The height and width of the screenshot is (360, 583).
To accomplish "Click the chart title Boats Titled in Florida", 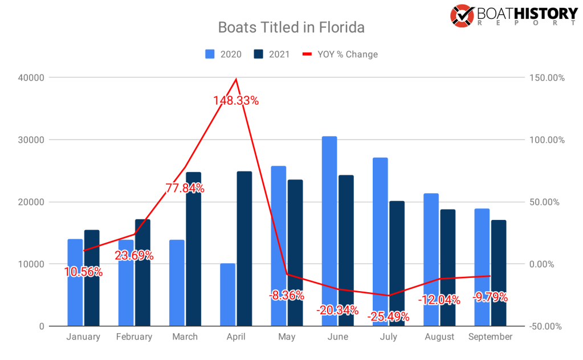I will pos(291,27).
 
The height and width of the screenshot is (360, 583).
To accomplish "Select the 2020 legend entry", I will pos(223,54).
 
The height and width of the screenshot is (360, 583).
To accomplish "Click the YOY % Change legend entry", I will pos(340,54).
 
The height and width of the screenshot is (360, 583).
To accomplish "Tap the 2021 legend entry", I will pos(272,54).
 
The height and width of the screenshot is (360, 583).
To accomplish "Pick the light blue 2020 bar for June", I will pos(329,231).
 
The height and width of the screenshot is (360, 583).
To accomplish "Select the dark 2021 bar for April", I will pos(244,248).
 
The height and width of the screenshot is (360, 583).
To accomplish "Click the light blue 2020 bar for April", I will pos(227,294).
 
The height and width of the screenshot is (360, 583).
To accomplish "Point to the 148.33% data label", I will pos(236,101).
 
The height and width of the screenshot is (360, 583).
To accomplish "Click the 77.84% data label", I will pos(185,189).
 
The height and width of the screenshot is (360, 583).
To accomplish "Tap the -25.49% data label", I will pos(388,316).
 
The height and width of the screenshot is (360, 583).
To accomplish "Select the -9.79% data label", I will pos(490,297).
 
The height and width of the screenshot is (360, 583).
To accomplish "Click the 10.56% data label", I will pos(83,272).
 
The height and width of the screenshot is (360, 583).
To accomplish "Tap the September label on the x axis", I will pos(490,337).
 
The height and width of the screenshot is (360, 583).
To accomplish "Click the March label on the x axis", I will pos(185,337).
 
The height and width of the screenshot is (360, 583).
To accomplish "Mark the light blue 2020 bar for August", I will pos(431,260).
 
